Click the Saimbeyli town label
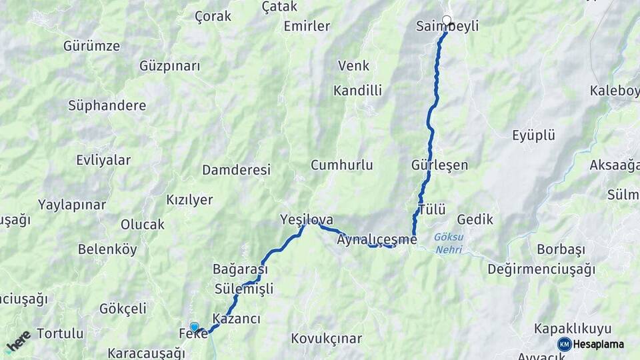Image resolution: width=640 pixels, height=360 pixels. click(x=447, y=27)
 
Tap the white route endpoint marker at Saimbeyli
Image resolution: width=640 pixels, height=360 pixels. click(x=447, y=20)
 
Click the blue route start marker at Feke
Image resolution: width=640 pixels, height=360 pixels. click(x=194, y=327)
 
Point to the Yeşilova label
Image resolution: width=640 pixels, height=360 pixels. click(x=307, y=219)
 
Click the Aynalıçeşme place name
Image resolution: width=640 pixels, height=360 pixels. click(x=377, y=239)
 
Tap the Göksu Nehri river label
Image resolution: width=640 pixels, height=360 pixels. click(x=447, y=243)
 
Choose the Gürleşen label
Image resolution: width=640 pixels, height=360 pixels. click(x=440, y=165)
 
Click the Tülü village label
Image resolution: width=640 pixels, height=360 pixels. click(x=431, y=210)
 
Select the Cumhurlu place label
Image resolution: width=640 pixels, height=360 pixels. click(x=342, y=165)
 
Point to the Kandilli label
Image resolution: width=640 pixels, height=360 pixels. click(x=358, y=90)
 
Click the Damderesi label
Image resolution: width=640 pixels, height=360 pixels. click(x=237, y=170)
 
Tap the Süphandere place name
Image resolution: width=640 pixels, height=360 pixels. click(x=107, y=105)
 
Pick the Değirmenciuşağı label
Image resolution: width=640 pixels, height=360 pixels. click(x=541, y=269)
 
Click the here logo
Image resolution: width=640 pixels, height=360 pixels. click(x=18, y=341)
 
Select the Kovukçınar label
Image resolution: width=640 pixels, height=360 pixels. click(x=326, y=339)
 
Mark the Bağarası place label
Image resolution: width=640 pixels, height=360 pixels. click(x=240, y=270)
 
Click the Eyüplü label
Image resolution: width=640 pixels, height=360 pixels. click(x=533, y=136)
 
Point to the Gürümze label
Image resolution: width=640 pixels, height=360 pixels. click(x=92, y=46)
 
